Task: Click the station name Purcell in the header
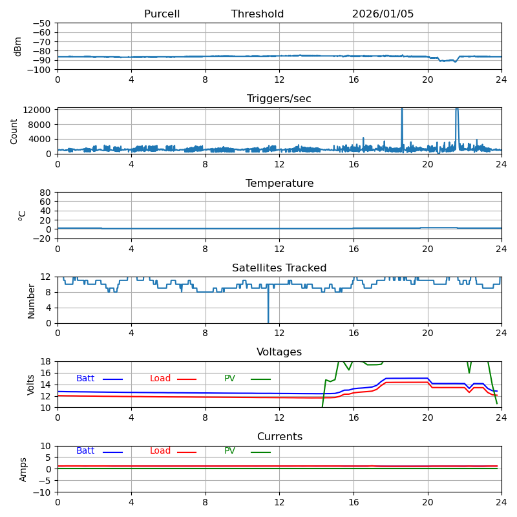tap(162, 14)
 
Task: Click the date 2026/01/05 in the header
tap(383, 14)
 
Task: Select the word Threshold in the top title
tap(257, 14)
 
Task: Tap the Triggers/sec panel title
tap(279, 99)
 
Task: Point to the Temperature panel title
tap(279, 184)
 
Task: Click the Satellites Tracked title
tap(279, 268)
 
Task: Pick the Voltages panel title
tap(279, 352)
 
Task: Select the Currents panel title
tap(279, 437)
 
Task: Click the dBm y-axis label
tap(18, 46)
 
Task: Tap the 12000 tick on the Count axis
tap(38, 110)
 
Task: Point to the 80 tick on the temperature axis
tap(45, 193)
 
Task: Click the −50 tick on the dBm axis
tap(41, 23)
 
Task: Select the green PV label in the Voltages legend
tap(229, 379)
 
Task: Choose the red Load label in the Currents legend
tap(160, 451)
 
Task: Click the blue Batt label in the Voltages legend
tap(85, 379)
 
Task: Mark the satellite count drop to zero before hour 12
tap(268, 321)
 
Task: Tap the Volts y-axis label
tap(31, 384)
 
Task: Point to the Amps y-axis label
tap(23, 469)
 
